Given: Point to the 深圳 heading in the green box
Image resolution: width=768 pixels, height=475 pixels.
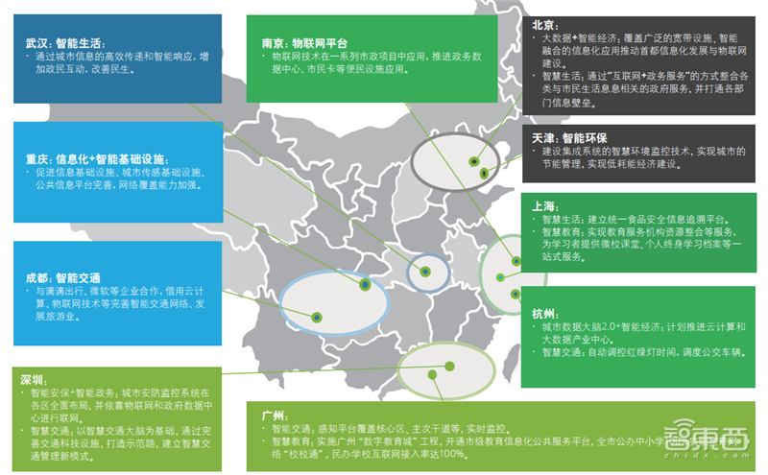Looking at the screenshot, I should click(x=34, y=379).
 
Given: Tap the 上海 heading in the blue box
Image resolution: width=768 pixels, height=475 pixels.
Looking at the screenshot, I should click(x=544, y=205).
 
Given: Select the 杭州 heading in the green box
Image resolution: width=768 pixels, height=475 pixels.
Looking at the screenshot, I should click(x=544, y=314).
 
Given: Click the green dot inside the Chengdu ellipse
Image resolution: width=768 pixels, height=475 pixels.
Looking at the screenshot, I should click(x=364, y=285).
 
